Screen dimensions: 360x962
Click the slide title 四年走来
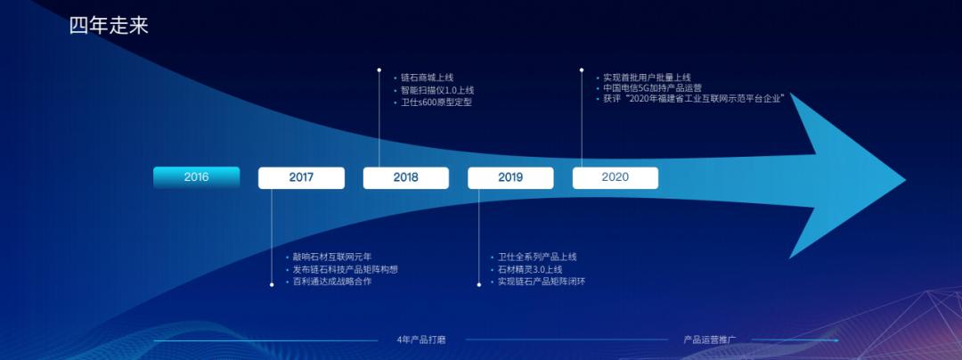pyautogui.click(x=109, y=26)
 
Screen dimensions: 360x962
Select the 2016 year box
pyautogui.click(x=196, y=177)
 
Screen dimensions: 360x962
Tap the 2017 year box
pyautogui.click(x=301, y=177)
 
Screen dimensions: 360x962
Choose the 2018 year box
pyautogui.click(x=405, y=177)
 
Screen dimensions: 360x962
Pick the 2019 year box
pyautogui.click(x=510, y=177)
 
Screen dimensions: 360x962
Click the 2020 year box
pyautogui.click(x=615, y=177)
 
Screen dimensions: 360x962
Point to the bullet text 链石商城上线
pyautogui.click(x=427, y=78)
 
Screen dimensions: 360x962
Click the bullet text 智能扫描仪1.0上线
pyautogui.click(x=436, y=90)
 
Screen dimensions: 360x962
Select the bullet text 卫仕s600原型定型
pyautogui.click(x=436, y=102)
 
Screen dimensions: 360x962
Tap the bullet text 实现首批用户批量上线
pyautogui.click(x=647, y=78)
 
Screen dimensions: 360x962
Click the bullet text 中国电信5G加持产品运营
pyautogui.click(x=652, y=88)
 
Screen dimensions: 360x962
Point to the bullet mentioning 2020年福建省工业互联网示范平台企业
pyautogui.click(x=693, y=99)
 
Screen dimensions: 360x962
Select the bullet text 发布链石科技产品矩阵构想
pyautogui.click(x=345, y=269)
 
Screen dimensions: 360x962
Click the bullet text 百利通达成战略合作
pyautogui.click(x=332, y=282)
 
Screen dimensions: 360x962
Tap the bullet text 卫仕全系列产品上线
pyautogui.click(x=537, y=257)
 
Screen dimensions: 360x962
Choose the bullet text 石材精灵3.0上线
pyautogui.click(x=530, y=269)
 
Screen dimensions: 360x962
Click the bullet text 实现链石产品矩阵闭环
pyautogui.click(x=542, y=282)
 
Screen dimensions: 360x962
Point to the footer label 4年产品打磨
pyautogui.click(x=420, y=340)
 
